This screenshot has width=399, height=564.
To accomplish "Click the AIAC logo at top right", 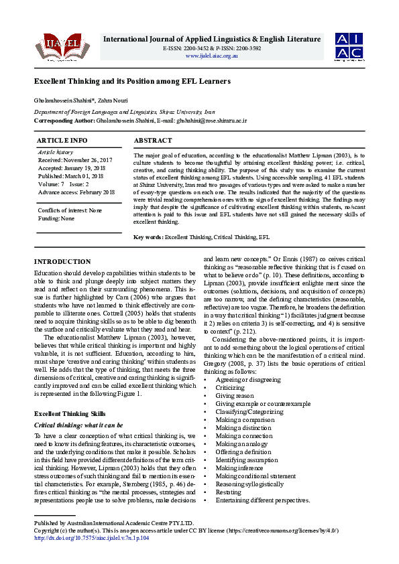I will (350, 46).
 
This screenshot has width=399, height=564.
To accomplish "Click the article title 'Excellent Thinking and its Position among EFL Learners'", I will (132, 81).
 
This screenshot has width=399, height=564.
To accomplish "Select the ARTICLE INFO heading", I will (62, 141).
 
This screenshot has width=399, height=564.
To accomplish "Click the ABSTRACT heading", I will (154, 141).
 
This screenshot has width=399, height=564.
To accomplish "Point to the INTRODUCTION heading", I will (62, 262).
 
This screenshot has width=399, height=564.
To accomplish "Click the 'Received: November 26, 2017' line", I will (74, 161).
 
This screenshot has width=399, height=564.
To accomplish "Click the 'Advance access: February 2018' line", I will (76, 192).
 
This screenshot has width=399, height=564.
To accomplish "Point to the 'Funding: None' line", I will (56, 218).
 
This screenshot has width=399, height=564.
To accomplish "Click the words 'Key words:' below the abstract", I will (148, 237).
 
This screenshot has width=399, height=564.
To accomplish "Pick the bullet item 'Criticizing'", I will (230, 387).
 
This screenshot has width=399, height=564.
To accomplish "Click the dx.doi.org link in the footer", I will (92, 538).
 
